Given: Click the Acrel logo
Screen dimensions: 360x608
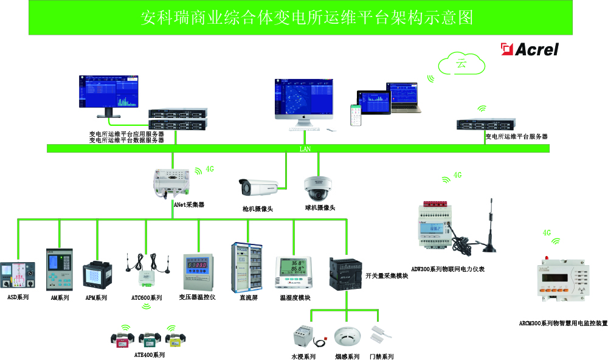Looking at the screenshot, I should coord(529,49).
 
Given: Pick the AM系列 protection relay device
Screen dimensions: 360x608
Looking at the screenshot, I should coord(59,270).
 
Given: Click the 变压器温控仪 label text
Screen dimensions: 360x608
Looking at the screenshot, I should coord(198,297).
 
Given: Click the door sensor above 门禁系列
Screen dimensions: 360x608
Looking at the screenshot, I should coord(381,334).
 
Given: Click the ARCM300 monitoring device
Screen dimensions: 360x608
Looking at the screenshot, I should coord(561,282).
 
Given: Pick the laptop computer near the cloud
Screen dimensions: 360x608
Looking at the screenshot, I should coord(404,97).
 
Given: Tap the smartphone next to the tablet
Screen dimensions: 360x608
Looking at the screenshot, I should coord(354,115).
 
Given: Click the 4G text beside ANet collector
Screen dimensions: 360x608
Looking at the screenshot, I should coord(210,170).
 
